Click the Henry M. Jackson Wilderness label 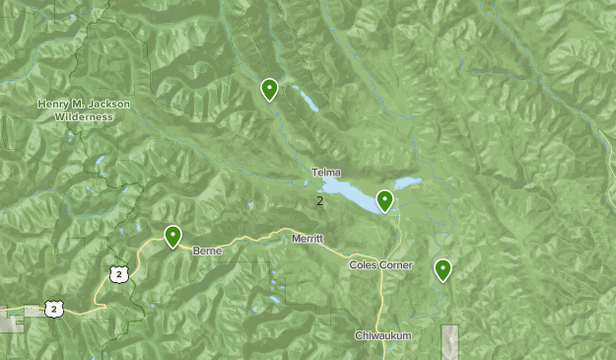click(x=84, y=109)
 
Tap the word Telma click(x=325, y=173)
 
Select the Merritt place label click(x=308, y=239)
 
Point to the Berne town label click(x=207, y=251)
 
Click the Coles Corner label click(x=380, y=265)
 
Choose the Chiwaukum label click(x=382, y=336)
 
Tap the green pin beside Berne click(x=172, y=236)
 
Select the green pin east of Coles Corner click(x=443, y=268)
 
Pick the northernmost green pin click(x=269, y=90)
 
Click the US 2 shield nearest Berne click(x=119, y=274)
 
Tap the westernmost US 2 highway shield click(x=54, y=310)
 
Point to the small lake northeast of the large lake click(x=408, y=182)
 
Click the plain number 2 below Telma click(x=319, y=201)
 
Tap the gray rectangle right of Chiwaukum click(x=449, y=341)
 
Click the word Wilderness click(x=84, y=116)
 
